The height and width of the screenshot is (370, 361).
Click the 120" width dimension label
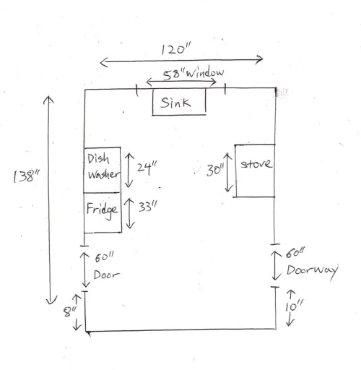click(x=175, y=48)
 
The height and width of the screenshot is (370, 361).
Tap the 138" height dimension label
click(x=27, y=176)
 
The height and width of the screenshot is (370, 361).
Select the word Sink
click(x=175, y=103)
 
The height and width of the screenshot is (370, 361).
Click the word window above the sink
click(x=205, y=72)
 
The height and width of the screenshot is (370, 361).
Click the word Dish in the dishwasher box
click(x=98, y=159)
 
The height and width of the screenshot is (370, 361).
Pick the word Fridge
click(x=103, y=210)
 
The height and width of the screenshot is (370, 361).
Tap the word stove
click(x=256, y=164)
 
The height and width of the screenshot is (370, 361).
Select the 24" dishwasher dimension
click(x=147, y=167)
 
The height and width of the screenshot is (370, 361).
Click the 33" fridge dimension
click(x=148, y=207)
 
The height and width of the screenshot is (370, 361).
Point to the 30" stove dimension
click(x=215, y=170)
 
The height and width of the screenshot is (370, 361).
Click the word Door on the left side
click(x=106, y=275)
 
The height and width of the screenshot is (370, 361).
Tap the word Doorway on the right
click(x=313, y=271)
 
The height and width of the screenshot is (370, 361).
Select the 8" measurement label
click(x=70, y=311)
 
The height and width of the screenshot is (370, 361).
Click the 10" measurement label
click(x=294, y=306)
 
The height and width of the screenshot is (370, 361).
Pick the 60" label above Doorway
click(x=295, y=253)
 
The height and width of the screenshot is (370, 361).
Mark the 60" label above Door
click(x=104, y=257)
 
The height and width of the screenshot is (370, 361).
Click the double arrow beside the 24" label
click(x=129, y=170)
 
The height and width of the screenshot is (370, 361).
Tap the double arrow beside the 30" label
click(x=228, y=173)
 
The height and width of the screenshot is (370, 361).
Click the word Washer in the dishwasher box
click(x=103, y=174)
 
